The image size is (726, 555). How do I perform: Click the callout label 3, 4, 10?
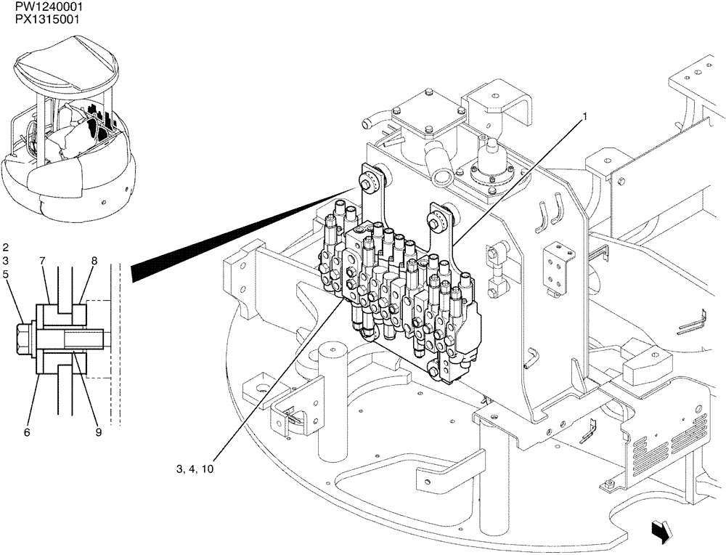pyautogui.click(x=195, y=469)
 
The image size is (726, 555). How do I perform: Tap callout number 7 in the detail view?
pyautogui.click(x=42, y=260)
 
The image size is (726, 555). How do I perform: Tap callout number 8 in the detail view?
pyautogui.click(x=94, y=260)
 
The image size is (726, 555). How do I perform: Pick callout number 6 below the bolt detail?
pyautogui.click(x=27, y=432)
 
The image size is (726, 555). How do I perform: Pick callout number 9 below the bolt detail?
pyautogui.click(x=98, y=432)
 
